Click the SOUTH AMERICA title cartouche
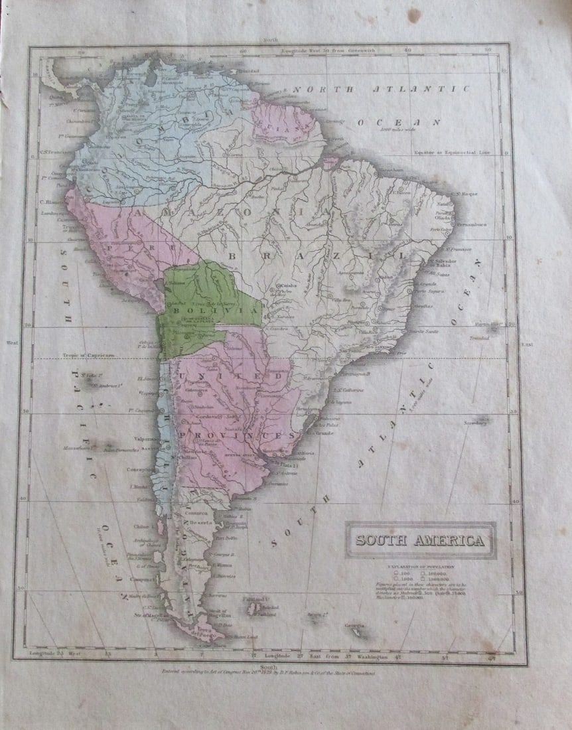(x=420, y=540)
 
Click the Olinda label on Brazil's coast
(x=443, y=217)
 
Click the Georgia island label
(x=357, y=626)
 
